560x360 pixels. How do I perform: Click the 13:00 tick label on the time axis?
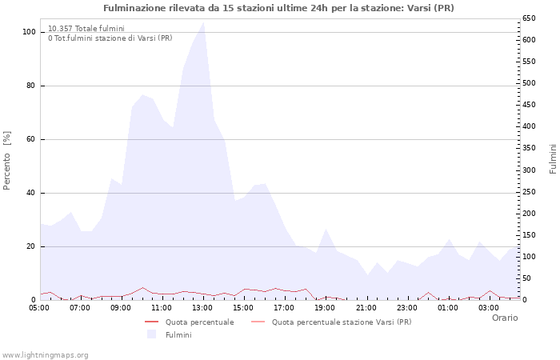pyautogui.click(x=202, y=307)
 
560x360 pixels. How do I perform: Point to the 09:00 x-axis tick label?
pyautogui.click(x=121, y=307)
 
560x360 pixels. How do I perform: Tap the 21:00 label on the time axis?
pyautogui.click(x=366, y=307)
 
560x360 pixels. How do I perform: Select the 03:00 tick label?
pyautogui.click(x=488, y=307)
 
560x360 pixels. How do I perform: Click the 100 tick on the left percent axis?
pyautogui.click(x=29, y=32)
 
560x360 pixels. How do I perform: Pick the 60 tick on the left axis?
pyautogui.click(x=31, y=139)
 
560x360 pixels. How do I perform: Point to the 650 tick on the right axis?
pyautogui.click(x=528, y=18)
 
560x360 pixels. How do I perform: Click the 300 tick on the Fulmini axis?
pyautogui.click(x=528, y=170)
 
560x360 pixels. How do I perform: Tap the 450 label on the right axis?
pyautogui.click(x=528, y=105)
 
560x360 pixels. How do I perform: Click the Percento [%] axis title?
pyautogui.click(x=7, y=160)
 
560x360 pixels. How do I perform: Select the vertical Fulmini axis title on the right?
pyautogui.click(x=553, y=158)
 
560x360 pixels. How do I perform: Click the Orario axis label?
pyautogui.click(x=505, y=318)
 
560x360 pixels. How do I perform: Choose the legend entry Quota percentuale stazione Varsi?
pyautogui.click(x=342, y=322)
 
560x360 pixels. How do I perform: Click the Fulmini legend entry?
pyautogui.click(x=178, y=334)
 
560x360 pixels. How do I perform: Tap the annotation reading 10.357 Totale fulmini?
pyautogui.click(x=86, y=29)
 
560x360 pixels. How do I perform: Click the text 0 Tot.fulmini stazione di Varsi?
pyautogui.click(x=110, y=38)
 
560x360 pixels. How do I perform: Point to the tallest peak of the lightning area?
pyautogui.click(x=203, y=22)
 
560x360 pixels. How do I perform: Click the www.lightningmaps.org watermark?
pyautogui.click(x=45, y=354)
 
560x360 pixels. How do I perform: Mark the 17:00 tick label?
pyautogui.click(x=284, y=307)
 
